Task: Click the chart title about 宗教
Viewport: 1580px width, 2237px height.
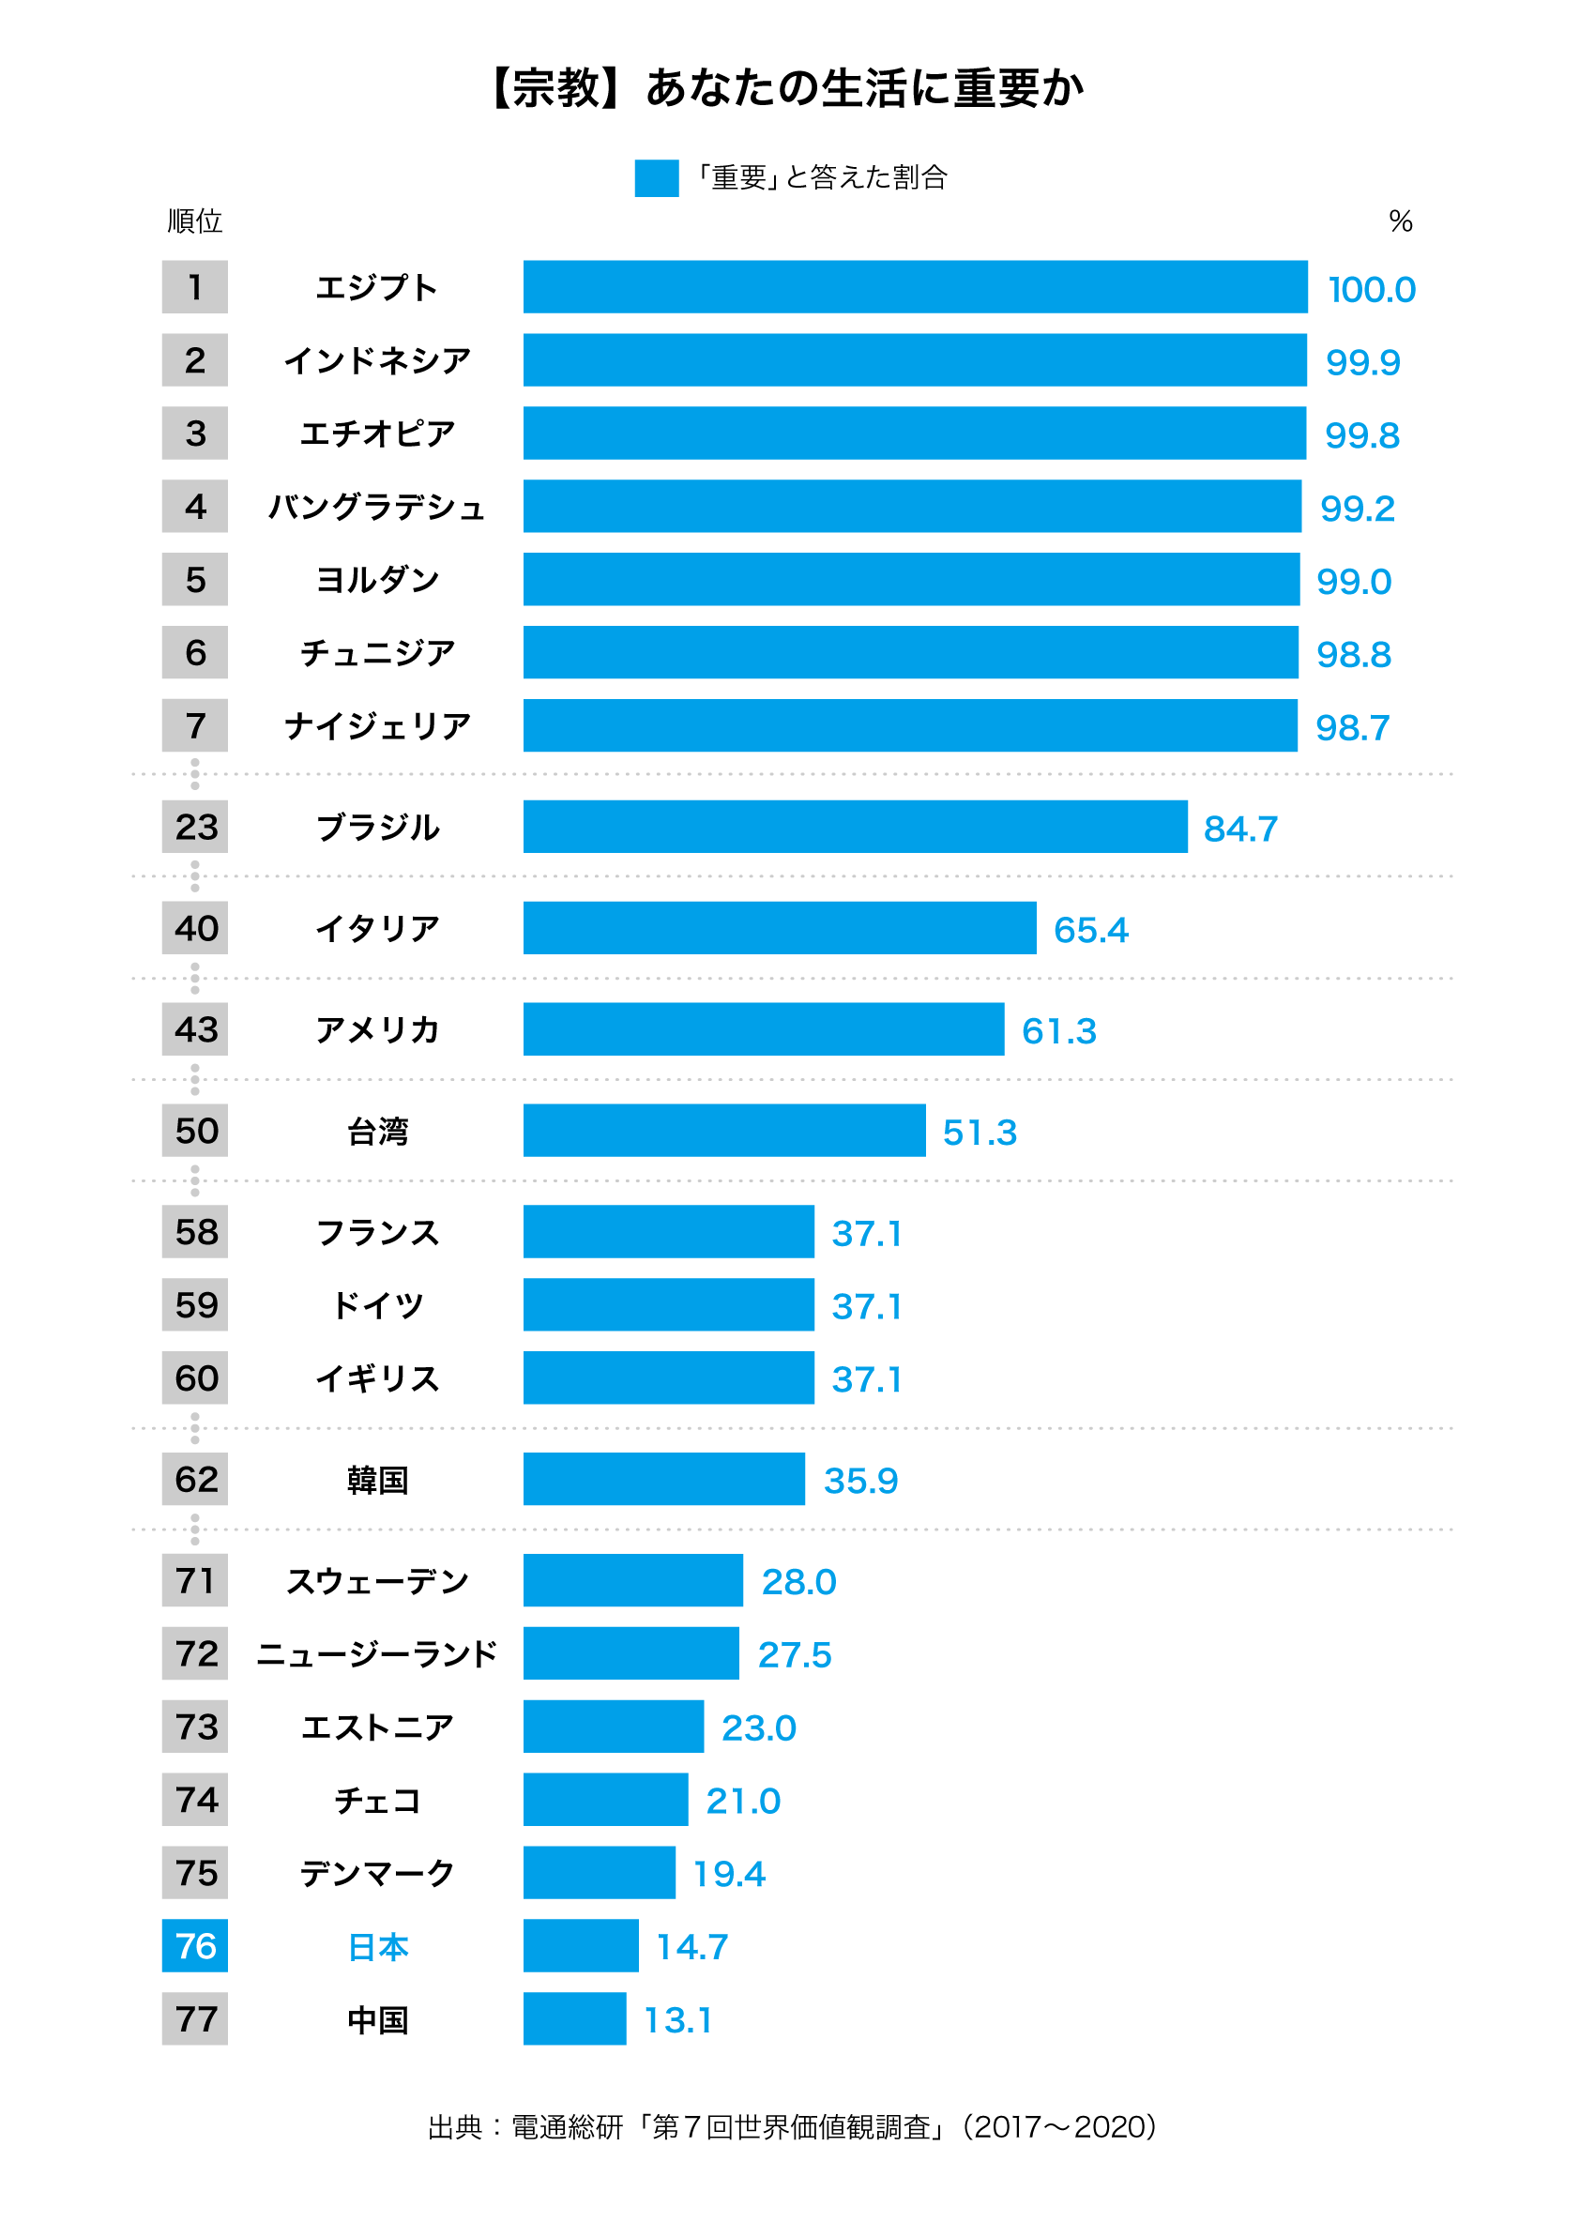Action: [789, 87]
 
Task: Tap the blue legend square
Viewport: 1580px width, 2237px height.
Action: [657, 178]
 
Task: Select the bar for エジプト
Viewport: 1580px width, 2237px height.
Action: [915, 286]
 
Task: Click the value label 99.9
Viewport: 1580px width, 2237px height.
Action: [1362, 362]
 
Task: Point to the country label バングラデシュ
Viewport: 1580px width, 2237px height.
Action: [377, 507]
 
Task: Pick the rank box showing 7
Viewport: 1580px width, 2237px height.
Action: [195, 725]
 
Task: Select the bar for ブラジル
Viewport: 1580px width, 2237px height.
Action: [855, 827]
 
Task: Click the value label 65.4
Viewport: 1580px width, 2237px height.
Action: [1091, 930]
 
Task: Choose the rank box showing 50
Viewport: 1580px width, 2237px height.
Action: [195, 1130]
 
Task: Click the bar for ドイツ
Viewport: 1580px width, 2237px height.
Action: [668, 1304]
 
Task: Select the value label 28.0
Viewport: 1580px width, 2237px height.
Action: [798, 1581]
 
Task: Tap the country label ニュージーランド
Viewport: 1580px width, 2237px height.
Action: [377, 1653]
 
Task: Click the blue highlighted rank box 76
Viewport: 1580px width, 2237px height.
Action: [195, 1946]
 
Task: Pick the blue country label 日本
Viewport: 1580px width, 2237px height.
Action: [377, 1947]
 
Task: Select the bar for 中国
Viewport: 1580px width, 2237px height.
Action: [574, 2018]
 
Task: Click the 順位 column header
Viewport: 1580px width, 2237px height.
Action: [195, 221]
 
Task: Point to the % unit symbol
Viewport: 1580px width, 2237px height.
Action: [1400, 221]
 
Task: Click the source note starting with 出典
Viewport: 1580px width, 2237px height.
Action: [792, 2126]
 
